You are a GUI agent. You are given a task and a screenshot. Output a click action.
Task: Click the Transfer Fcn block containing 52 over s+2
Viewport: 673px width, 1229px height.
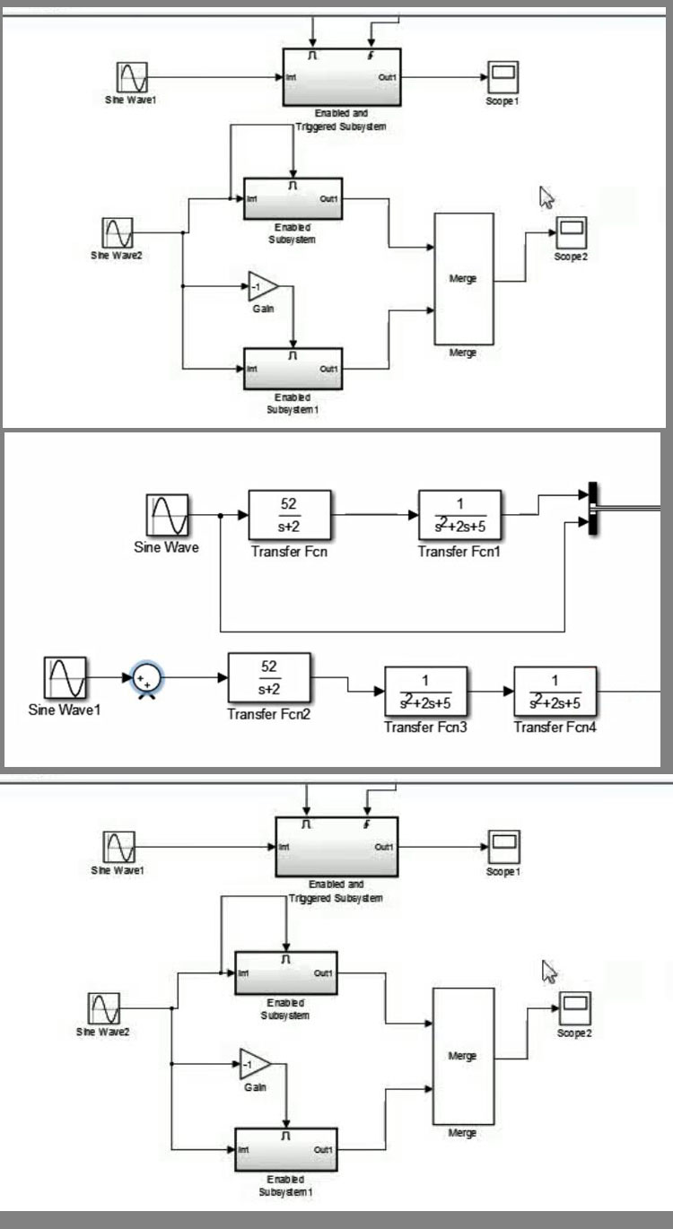tap(289, 514)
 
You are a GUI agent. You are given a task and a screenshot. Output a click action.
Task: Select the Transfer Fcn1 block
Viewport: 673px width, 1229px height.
tap(459, 514)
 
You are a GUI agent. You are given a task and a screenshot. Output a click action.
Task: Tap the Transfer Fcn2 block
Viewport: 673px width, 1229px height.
tap(268, 677)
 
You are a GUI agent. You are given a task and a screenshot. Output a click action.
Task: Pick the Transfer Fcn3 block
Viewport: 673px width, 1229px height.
tap(425, 690)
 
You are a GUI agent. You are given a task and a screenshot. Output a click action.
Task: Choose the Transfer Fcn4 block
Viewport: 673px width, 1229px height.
tap(555, 690)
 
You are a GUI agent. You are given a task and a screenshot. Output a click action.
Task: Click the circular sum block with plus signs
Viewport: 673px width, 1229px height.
tap(145, 678)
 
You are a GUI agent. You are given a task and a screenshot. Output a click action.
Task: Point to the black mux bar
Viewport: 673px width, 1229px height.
tap(592, 509)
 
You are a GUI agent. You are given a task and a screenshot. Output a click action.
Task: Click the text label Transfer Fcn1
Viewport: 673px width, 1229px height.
tap(459, 552)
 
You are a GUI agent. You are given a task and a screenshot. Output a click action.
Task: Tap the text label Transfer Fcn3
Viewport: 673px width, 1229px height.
tap(425, 727)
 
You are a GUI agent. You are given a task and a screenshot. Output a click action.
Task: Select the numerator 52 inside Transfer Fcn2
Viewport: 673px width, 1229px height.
tap(268, 666)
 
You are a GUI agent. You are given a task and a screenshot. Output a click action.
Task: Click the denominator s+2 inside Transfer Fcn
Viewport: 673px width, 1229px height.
tap(289, 526)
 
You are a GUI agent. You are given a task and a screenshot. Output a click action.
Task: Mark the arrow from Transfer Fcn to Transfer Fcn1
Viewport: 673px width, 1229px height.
tap(374, 515)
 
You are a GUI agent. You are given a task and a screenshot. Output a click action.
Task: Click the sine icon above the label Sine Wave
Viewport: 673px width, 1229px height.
tap(167, 516)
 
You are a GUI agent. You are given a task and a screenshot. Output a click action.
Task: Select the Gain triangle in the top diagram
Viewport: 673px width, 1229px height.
tap(263, 286)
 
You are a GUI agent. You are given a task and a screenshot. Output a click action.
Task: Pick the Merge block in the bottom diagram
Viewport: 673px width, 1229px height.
tap(463, 1056)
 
